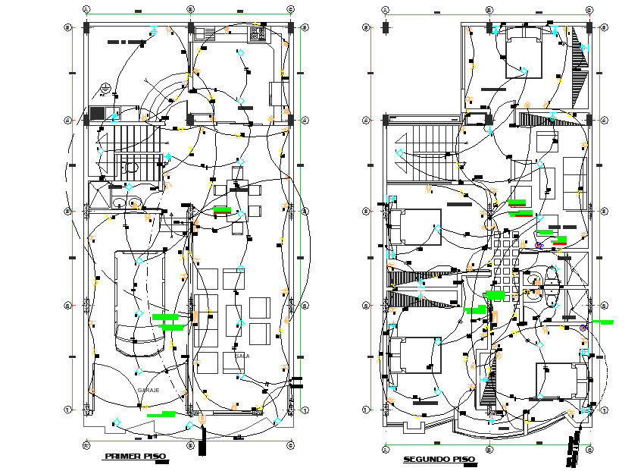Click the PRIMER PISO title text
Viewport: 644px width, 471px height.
pyautogui.click(x=135, y=456)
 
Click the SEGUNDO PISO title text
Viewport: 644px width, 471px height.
pyautogui.click(x=439, y=460)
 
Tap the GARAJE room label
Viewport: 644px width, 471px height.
pyautogui.click(x=148, y=389)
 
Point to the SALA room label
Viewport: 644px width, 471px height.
pyautogui.click(x=242, y=355)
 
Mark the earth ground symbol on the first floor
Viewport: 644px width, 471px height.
pyautogui.click(x=105, y=89)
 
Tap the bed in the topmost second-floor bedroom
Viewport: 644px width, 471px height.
pyautogui.click(x=523, y=51)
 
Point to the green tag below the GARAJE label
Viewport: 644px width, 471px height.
pyautogui.click(x=161, y=414)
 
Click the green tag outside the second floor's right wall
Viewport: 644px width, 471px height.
pyautogui.click(x=604, y=322)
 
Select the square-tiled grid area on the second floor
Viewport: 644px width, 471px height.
pyautogui.click(x=506, y=259)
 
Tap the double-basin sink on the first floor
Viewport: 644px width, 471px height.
pyautogui.click(x=127, y=203)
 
